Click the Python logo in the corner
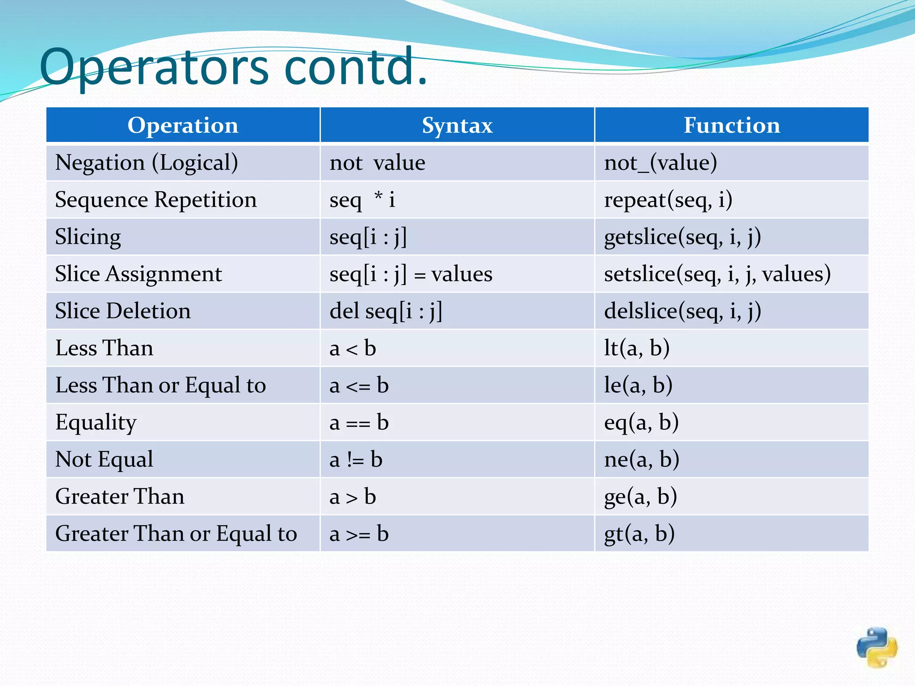[x=877, y=647]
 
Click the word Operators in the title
[x=154, y=67]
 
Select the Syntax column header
[x=457, y=125]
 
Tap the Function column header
[x=732, y=125]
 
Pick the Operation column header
[x=183, y=125]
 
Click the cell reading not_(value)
[x=660, y=163]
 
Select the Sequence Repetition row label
[x=156, y=200]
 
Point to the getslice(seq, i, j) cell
[x=682, y=237]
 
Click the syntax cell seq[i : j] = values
[x=411, y=274]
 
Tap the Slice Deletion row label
[x=123, y=311]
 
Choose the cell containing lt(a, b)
[x=637, y=348]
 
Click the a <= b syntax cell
[x=359, y=385]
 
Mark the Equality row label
[x=96, y=422]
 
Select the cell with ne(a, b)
[x=642, y=459]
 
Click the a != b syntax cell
[x=356, y=459]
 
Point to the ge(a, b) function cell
[x=640, y=496]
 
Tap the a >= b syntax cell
[x=359, y=533]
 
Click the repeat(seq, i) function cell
[x=668, y=200]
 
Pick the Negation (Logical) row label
[x=147, y=163]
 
